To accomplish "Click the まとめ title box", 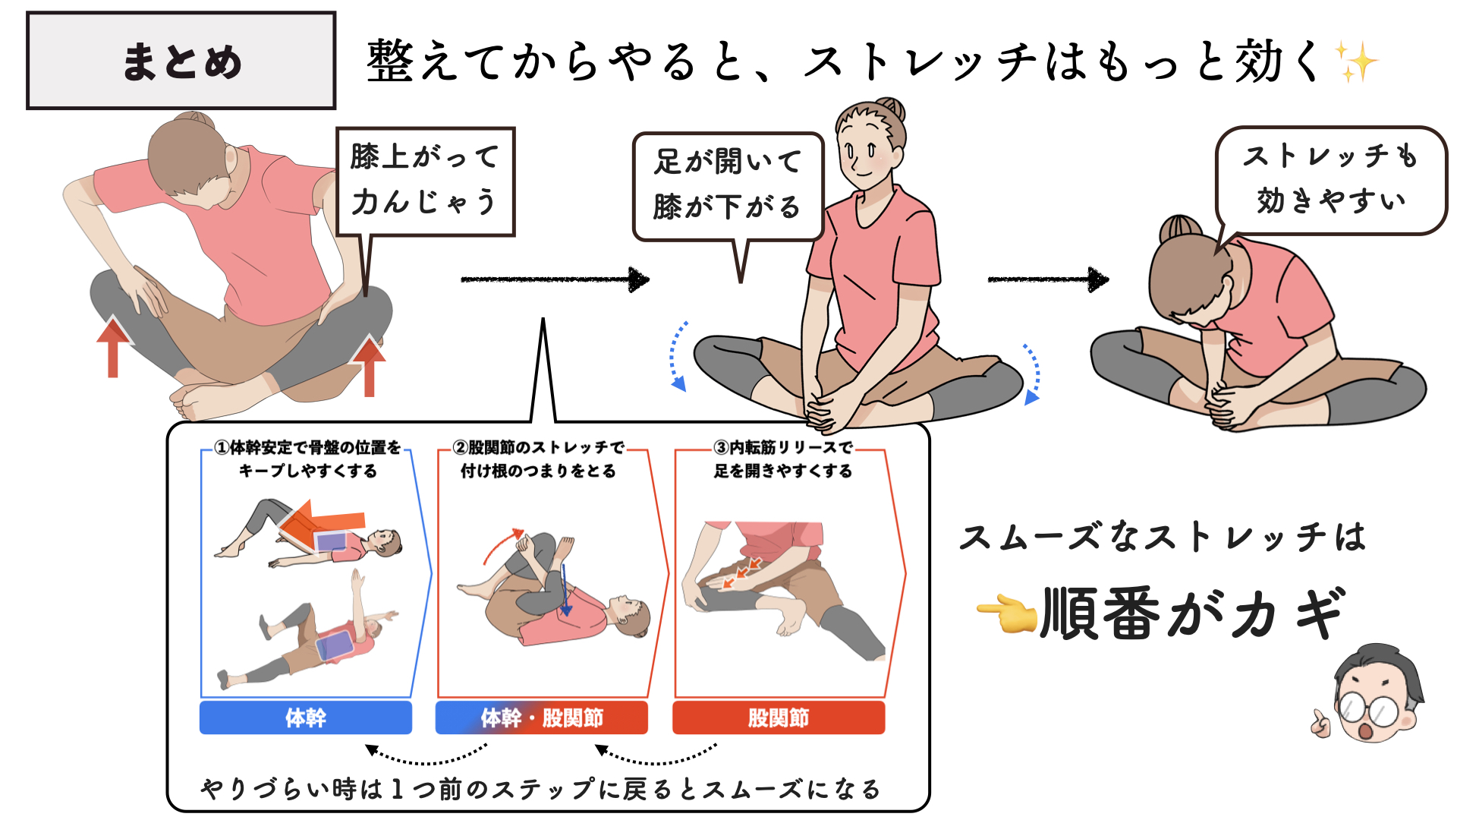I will pyautogui.click(x=181, y=61).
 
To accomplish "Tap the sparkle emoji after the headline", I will pyautogui.click(x=1356, y=61).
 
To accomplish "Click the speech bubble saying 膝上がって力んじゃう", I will pyautogui.click(x=425, y=181).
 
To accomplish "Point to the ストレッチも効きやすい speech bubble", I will pyautogui.click(x=1331, y=180).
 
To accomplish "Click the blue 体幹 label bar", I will pyautogui.click(x=306, y=717).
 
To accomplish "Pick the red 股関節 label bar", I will pyautogui.click(x=779, y=717).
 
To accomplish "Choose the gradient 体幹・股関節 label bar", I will pyautogui.click(x=541, y=717).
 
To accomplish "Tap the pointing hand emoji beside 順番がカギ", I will pyautogui.click(x=1006, y=613).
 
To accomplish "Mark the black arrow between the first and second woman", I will pyautogui.click(x=555, y=279).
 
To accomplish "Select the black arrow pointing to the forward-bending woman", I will pyautogui.click(x=1048, y=279).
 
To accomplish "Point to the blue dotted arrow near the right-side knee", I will pyautogui.click(x=1032, y=372).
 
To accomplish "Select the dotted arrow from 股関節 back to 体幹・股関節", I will pyautogui.click(x=656, y=755).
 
